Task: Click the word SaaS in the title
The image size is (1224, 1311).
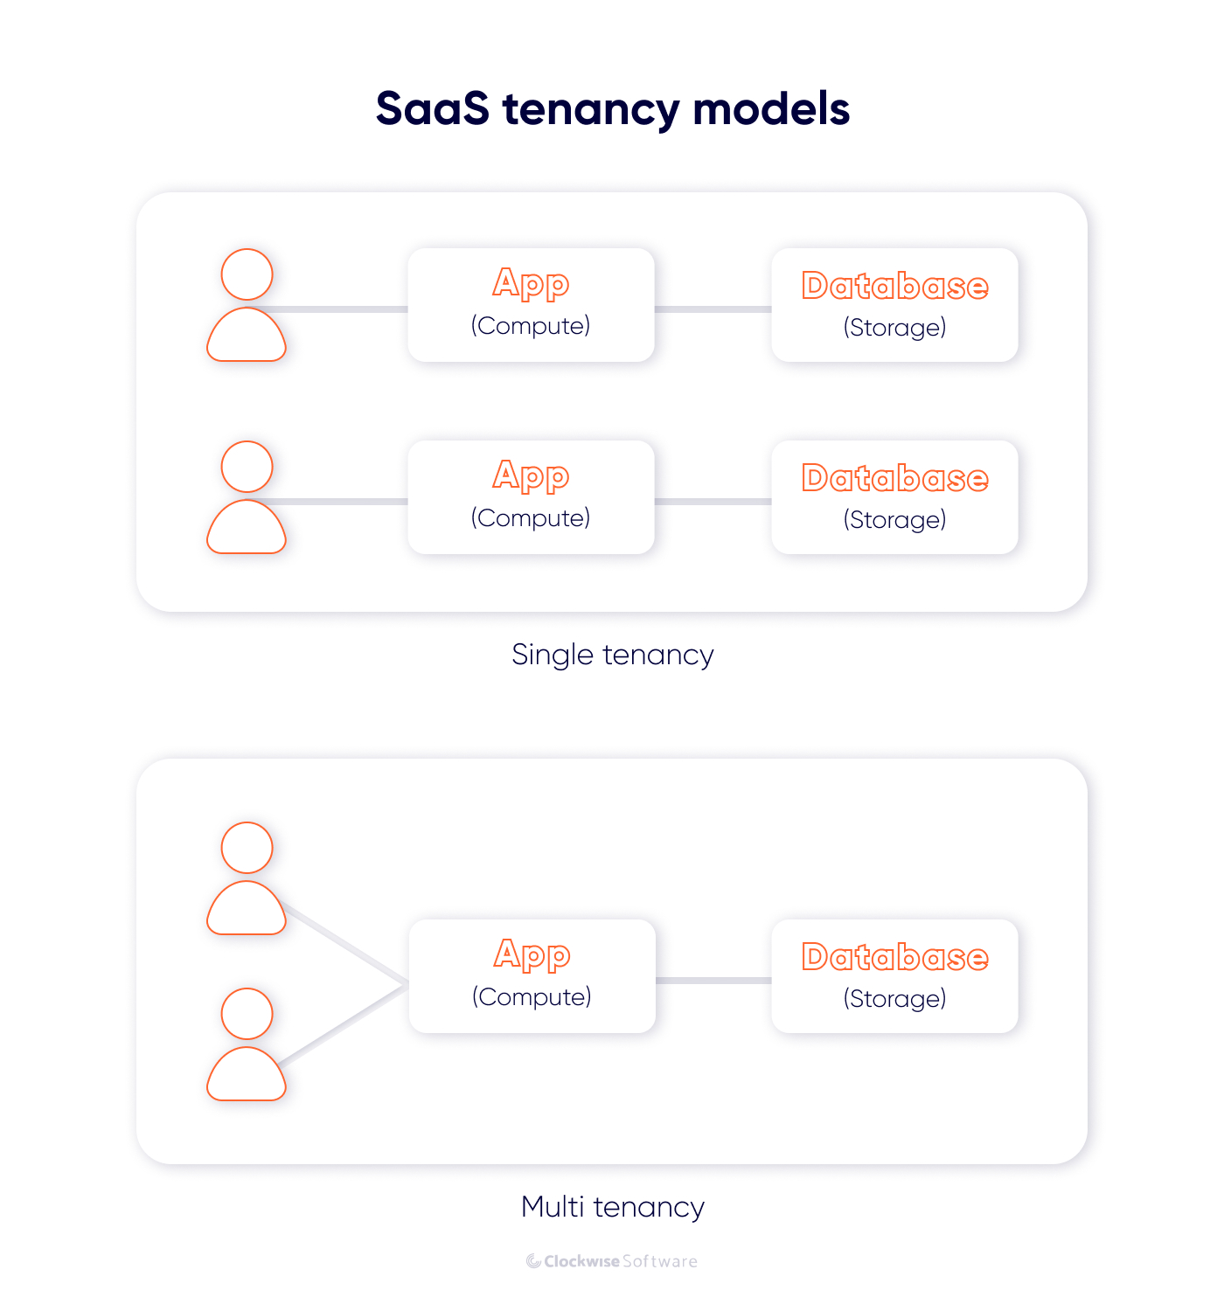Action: click(432, 109)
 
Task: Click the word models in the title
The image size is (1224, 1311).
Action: click(771, 109)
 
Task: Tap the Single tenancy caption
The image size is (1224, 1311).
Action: click(612, 655)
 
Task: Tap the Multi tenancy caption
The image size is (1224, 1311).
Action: click(612, 1207)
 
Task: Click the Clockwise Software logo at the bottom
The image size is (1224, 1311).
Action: click(612, 1261)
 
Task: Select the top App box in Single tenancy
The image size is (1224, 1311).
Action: click(531, 305)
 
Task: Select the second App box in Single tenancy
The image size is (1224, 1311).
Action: click(531, 497)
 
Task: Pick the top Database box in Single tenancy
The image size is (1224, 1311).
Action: click(894, 305)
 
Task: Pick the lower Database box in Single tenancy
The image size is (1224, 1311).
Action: click(894, 497)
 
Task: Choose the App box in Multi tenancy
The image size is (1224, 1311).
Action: click(532, 976)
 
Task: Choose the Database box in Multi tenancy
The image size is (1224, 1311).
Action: click(894, 976)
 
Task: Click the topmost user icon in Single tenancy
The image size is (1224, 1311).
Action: click(247, 305)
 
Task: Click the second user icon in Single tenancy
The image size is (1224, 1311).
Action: click(247, 497)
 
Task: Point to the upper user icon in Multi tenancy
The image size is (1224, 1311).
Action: click(247, 878)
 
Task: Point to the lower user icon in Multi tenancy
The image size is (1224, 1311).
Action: click(247, 1044)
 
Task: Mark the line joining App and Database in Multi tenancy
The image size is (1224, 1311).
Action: click(713, 981)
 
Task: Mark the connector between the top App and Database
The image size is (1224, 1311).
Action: click(713, 309)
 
